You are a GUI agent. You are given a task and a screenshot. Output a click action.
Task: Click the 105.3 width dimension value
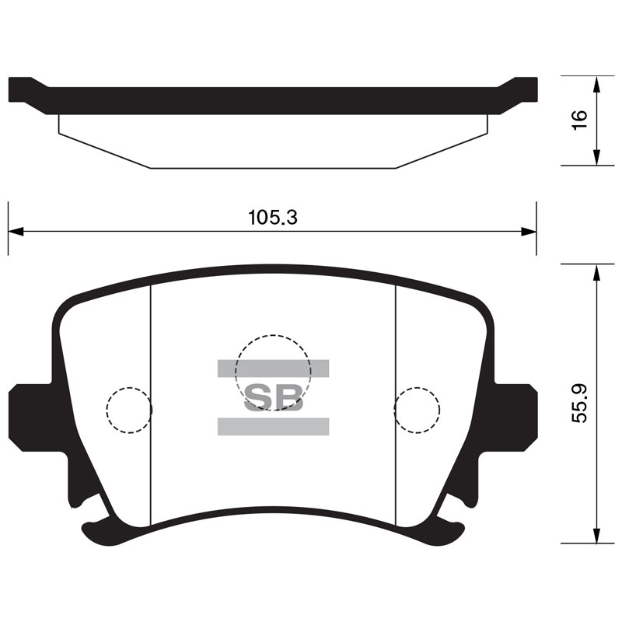tap(273, 218)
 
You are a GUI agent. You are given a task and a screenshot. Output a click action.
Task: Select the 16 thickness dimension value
tap(579, 119)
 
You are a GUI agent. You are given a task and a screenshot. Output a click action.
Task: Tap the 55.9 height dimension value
tap(579, 404)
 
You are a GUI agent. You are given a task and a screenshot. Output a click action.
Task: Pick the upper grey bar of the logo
tap(274, 369)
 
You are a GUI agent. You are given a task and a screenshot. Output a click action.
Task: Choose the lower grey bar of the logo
tap(274, 426)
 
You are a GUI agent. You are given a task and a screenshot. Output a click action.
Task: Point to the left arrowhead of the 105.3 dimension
tap(16, 232)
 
